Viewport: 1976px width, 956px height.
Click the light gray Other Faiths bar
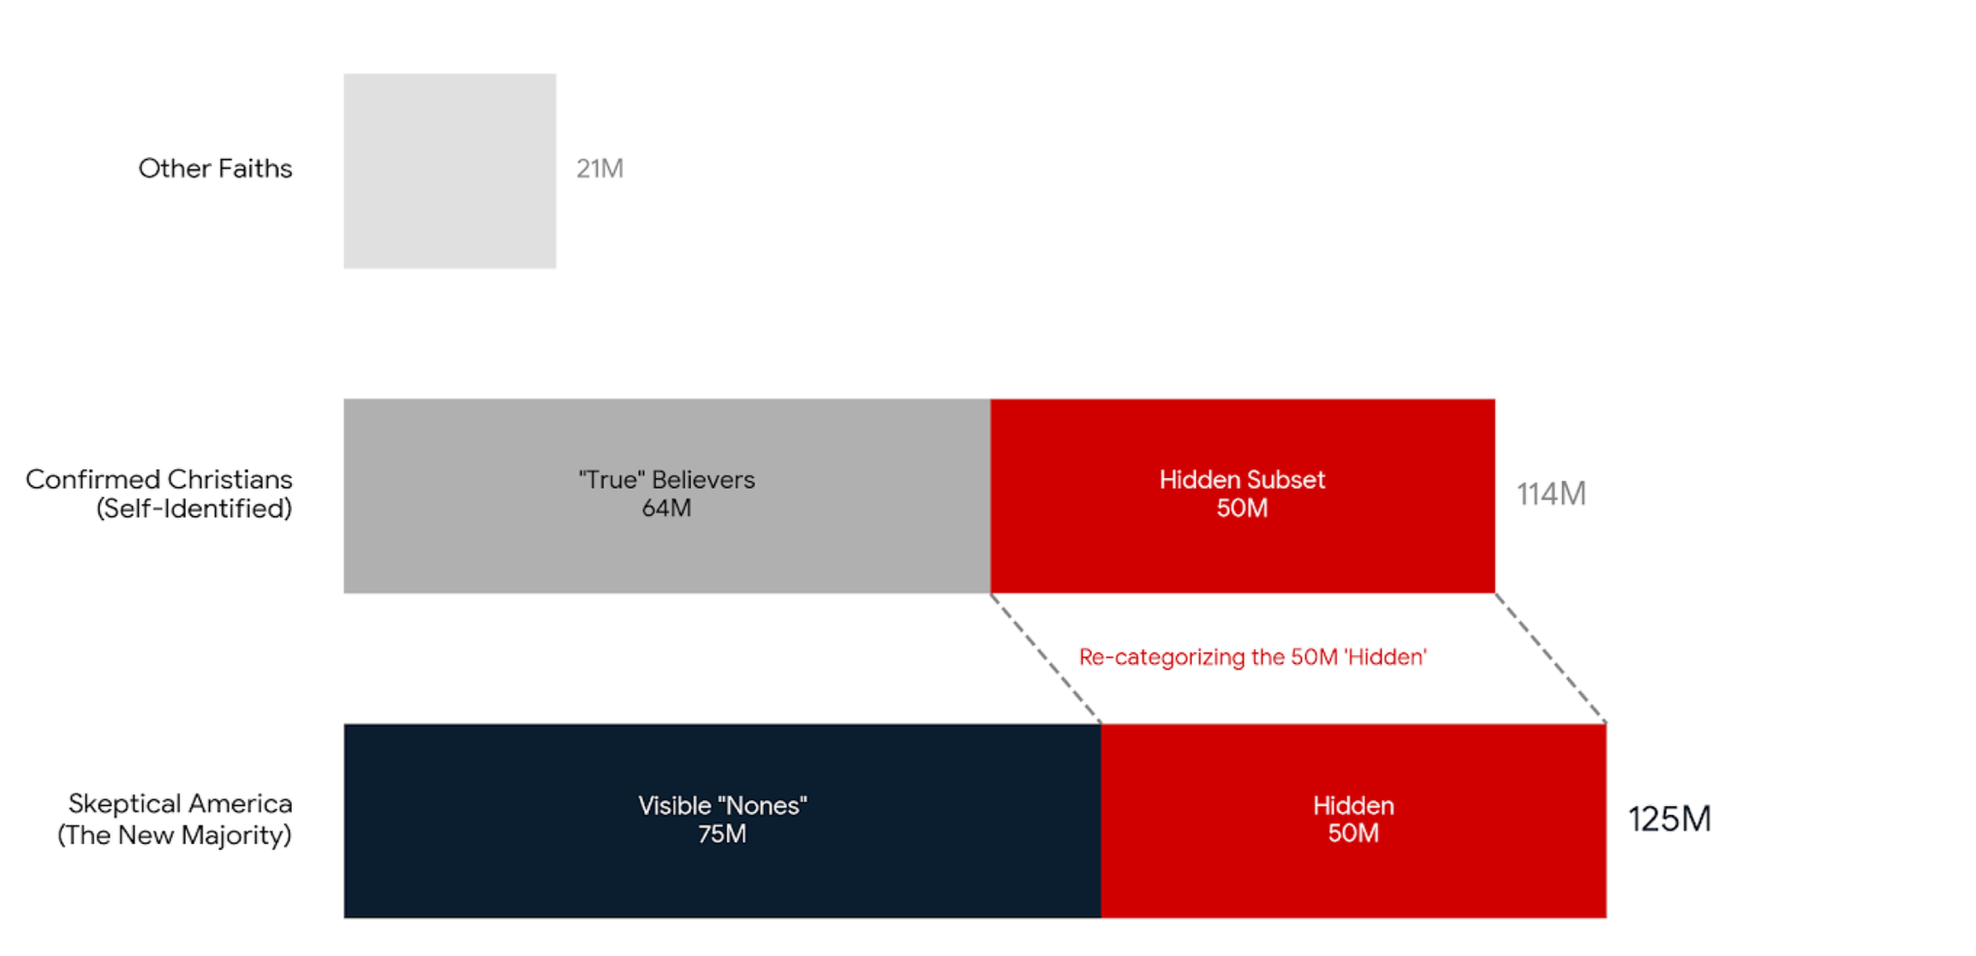(449, 171)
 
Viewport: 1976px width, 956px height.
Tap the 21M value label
(600, 168)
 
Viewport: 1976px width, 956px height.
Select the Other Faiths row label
(215, 168)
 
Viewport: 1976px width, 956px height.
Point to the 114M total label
(1552, 495)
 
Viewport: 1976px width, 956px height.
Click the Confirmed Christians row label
(159, 480)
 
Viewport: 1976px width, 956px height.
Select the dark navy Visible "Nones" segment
(722, 877)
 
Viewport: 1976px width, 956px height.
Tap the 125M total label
(1669, 819)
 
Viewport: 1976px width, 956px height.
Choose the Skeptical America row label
(180, 804)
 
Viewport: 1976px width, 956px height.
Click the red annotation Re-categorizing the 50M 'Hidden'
(1252, 657)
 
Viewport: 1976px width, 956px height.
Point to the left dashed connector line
(1045, 659)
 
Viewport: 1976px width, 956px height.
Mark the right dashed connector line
(1551, 659)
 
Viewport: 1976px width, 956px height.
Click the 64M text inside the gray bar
(667, 509)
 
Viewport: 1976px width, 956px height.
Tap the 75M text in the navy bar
(722, 834)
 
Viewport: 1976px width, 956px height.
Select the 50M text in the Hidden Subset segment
(1242, 509)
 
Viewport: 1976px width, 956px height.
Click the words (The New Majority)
(175, 835)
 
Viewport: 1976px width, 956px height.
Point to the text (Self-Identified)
(194, 509)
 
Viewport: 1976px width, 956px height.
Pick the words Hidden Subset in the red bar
(1242, 480)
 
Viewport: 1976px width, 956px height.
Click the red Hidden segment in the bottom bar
(1353, 877)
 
